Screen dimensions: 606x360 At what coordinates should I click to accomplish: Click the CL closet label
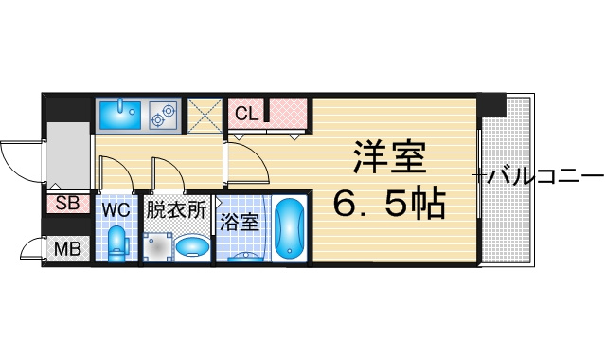(246, 114)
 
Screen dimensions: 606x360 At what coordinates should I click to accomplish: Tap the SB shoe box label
(67, 203)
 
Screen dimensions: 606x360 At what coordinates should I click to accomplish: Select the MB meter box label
(67, 248)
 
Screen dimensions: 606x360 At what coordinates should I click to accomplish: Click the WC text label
(116, 210)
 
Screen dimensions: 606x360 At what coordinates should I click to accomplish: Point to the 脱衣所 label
(175, 209)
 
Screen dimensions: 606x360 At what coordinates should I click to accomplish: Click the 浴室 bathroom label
(240, 222)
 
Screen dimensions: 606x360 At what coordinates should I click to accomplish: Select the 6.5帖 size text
(389, 202)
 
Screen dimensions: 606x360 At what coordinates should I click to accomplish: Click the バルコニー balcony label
(545, 177)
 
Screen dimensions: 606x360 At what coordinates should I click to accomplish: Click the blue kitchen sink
(120, 115)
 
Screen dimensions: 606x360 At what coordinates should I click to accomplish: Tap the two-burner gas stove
(164, 116)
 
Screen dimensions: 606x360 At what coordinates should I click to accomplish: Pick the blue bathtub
(290, 229)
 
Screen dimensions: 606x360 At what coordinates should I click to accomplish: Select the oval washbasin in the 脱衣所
(192, 245)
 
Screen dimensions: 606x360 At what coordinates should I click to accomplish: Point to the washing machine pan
(158, 246)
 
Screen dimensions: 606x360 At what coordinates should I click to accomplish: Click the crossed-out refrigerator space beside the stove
(205, 116)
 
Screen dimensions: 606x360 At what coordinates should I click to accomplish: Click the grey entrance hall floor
(68, 155)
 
